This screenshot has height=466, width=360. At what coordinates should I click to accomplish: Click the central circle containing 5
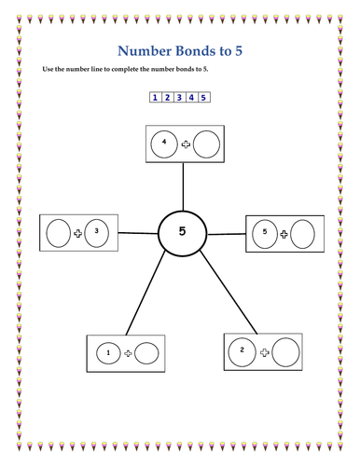183,233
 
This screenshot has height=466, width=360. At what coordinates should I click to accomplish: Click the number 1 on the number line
155,97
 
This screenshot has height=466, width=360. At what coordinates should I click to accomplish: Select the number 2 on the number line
167,97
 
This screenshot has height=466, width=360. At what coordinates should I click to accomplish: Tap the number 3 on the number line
179,97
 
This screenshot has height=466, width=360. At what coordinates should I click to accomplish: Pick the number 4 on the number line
191,97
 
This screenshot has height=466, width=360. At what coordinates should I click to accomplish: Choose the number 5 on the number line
203,97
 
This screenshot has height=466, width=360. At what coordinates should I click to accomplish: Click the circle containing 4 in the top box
165,144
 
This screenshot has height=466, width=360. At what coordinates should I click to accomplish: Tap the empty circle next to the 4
206,144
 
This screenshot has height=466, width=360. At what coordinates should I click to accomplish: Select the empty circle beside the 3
59,231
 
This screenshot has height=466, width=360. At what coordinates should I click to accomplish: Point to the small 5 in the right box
264,231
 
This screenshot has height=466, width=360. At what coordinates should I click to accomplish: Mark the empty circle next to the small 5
303,232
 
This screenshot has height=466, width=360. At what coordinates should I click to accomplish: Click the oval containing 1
109,353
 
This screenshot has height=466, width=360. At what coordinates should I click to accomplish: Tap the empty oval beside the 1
147,353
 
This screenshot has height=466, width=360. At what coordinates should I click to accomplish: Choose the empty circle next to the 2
285,352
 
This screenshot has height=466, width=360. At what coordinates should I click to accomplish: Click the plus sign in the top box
186,144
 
